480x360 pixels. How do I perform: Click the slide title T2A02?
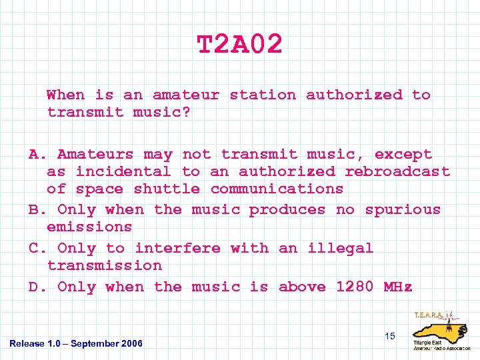(x=240, y=45)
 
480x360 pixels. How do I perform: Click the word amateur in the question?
(x=185, y=95)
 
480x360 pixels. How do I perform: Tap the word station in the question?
(x=263, y=95)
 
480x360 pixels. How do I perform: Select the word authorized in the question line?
(x=354, y=95)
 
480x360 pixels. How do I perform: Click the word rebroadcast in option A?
(x=397, y=171)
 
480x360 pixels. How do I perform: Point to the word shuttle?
(x=167, y=189)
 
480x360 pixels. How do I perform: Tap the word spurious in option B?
(x=403, y=209)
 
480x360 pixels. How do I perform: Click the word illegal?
(x=340, y=248)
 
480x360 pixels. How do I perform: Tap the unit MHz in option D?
(x=398, y=287)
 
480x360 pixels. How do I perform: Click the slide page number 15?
(x=389, y=336)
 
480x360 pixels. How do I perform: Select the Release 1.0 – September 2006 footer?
(x=76, y=343)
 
